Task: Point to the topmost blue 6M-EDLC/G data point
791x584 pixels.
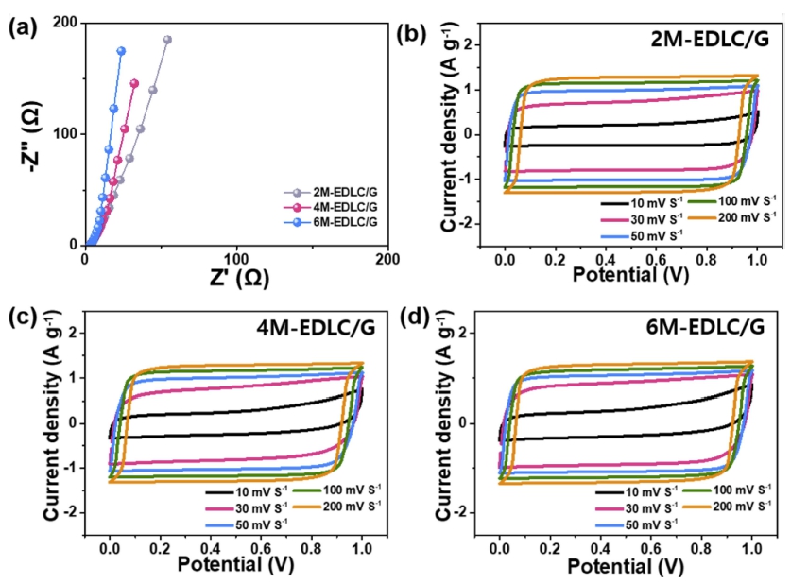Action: pyautogui.click(x=121, y=51)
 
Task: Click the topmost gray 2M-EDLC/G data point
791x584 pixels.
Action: pyautogui.click(x=167, y=40)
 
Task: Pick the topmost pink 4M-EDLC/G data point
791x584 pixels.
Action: pyautogui.click(x=134, y=83)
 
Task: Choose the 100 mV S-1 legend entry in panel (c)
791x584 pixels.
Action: pyautogui.click(x=337, y=492)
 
